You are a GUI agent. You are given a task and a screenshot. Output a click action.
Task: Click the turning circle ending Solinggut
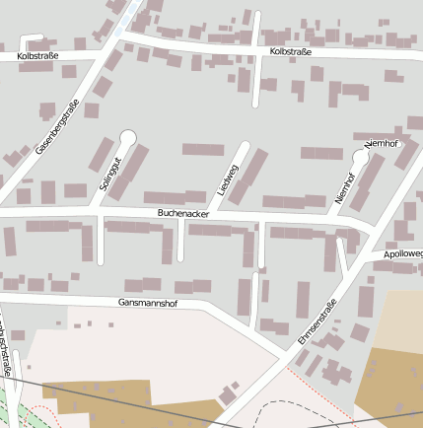click(x=126, y=137)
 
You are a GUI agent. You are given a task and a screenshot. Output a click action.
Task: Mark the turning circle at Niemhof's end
click(x=360, y=157)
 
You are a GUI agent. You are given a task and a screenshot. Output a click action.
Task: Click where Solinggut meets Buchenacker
click(x=101, y=212)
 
